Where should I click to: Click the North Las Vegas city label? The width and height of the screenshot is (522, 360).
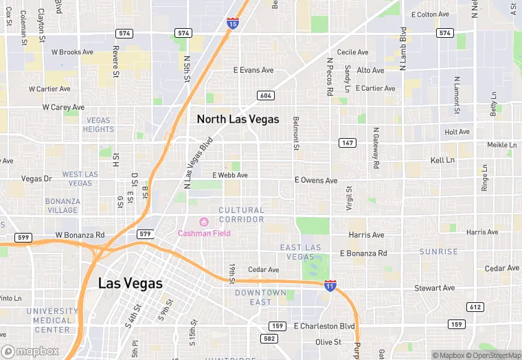[x=238, y=119]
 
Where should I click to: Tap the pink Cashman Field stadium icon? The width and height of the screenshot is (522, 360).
[x=203, y=222]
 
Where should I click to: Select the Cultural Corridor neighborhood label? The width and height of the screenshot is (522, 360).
[x=241, y=215]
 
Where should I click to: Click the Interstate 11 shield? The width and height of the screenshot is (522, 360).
[x=330, y=284]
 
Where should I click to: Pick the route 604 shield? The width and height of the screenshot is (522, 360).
[x=266, y=95]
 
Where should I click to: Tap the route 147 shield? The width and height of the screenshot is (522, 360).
[x=347, y=142]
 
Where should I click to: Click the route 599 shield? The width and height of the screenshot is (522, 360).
[x=23, y=237]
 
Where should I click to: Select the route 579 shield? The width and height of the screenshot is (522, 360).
[x=144, y=234]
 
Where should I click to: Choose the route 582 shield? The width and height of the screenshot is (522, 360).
[x=269, y=338]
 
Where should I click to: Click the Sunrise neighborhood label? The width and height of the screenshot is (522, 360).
[x=438, y=252]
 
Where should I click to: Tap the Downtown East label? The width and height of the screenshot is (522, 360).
[x=260, y=297]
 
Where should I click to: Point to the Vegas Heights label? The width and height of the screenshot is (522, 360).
[x=98, y=125]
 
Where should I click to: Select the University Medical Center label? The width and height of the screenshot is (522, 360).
[x=52, y=320]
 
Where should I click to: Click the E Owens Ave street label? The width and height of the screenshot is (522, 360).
[x=316, y=181]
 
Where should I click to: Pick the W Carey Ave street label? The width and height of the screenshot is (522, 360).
[x=63, y=107]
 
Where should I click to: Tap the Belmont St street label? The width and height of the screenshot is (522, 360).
[x=297, y=133]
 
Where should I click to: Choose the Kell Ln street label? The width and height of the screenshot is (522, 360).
[x=442, y=160]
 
